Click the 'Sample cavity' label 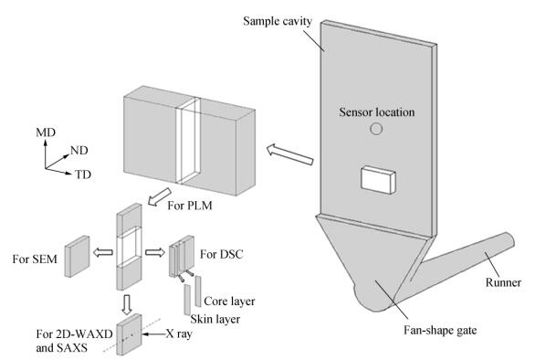278,21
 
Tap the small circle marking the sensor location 376,129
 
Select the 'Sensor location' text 377,112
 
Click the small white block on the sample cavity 378,180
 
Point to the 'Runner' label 503,282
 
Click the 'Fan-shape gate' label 440,330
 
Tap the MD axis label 46,132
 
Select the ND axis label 79,150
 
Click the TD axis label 83,175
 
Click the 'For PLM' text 190,206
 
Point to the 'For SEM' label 35,259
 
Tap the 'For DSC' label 222,254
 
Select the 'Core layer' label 229,301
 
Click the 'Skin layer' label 215,319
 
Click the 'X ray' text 179,334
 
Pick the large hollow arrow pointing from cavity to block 289,154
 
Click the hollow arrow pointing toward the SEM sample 102,253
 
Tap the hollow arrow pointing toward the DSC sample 155,252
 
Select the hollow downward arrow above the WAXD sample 127,304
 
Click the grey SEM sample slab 77,256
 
